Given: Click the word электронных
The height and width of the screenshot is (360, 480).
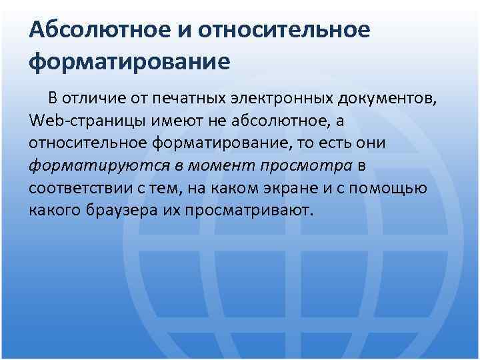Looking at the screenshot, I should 281,100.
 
